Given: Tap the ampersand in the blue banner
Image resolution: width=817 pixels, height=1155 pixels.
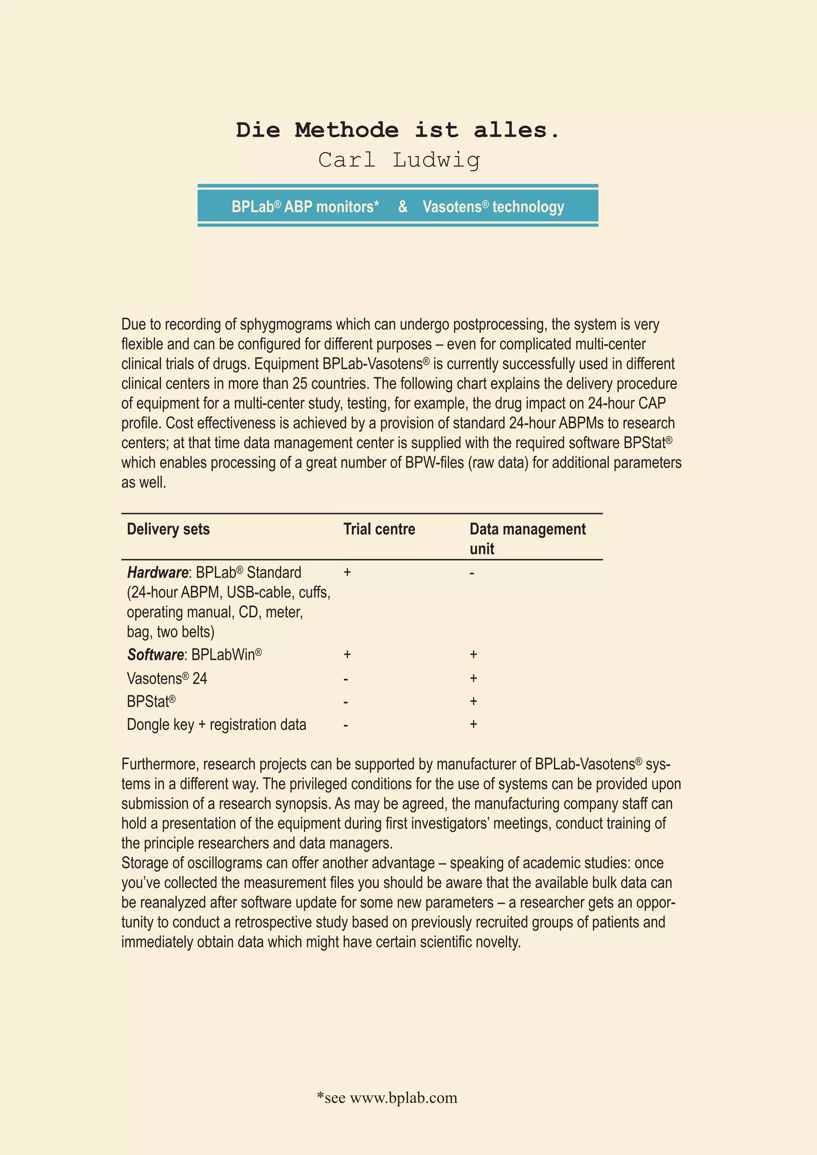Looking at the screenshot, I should click(403, 206).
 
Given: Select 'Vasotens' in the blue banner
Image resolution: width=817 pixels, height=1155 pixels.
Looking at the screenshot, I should click(452, 207).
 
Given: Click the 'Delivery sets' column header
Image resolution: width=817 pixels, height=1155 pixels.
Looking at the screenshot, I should click(168, 529).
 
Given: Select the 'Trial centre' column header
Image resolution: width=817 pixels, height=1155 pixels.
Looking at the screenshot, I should click(379, 529).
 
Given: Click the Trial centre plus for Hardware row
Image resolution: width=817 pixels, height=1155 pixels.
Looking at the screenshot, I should click(347, 572).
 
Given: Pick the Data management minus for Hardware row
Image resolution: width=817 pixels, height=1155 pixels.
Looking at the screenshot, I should click(472, 573).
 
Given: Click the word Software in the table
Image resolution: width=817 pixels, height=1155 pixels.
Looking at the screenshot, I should click(156, 654).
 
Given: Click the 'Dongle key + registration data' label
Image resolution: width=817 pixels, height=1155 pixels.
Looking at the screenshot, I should click(216, 724).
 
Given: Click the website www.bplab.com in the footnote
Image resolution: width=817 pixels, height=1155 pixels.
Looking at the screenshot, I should click(403, 1097).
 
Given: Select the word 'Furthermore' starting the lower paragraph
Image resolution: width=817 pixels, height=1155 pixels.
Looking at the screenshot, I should click(160, 764).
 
